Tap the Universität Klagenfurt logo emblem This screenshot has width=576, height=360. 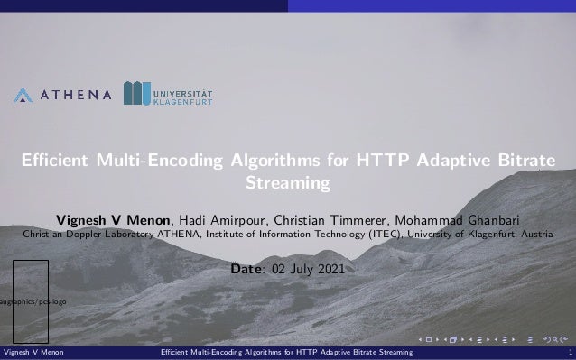[x=137, y=94]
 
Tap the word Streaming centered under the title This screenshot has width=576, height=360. [x=288, y=184]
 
